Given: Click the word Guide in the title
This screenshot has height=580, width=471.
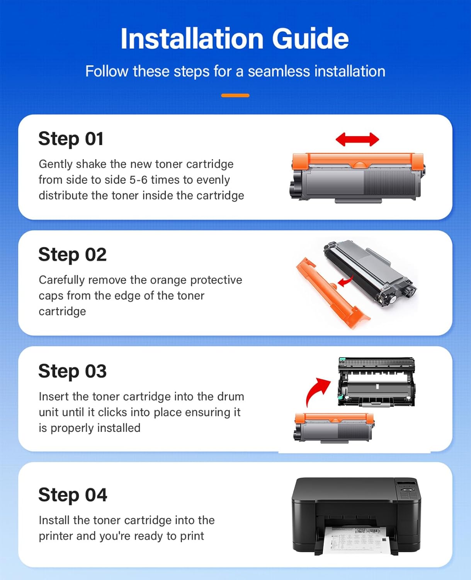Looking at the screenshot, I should pyautogui.click(x=310, y=39).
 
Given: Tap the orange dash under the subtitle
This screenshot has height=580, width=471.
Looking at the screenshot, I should pyautogui.click(x=235, y=95).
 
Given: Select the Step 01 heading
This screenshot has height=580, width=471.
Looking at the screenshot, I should pyautogui.click(x=71, y=139).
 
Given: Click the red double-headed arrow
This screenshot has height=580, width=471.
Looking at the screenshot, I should pyautogui.click(x=357, y=139).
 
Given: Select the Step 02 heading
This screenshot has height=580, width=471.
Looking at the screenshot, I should pyautogui.click(x=72, y=255).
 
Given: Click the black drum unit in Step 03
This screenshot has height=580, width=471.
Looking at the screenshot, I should pyautogui.click(x=376, y=382).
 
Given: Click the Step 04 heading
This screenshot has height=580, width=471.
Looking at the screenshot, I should pyautogui.click(x=73, y=495).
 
